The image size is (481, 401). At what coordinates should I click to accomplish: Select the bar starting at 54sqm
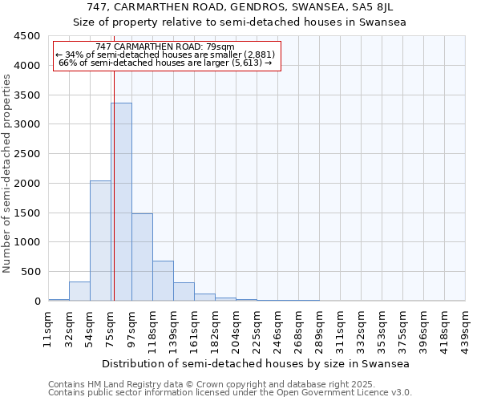pyautogui.click(x=100, y=241)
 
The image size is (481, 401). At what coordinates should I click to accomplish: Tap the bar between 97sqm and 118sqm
pyautogui.click(x=142, y=257)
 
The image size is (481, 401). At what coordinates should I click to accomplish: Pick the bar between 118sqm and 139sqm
pyautogui.click(x=163, y=281)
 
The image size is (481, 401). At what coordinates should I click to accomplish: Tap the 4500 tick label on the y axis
pyautogui.click(x=27, y=36)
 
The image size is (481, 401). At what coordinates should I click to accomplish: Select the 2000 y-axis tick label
pyautogui.click(x=27, y=184)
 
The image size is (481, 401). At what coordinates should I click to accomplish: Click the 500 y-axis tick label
pyautogui.click(x=30, y=272)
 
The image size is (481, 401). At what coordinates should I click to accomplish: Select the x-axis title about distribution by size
pyautogui.click(x=257, y=364)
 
